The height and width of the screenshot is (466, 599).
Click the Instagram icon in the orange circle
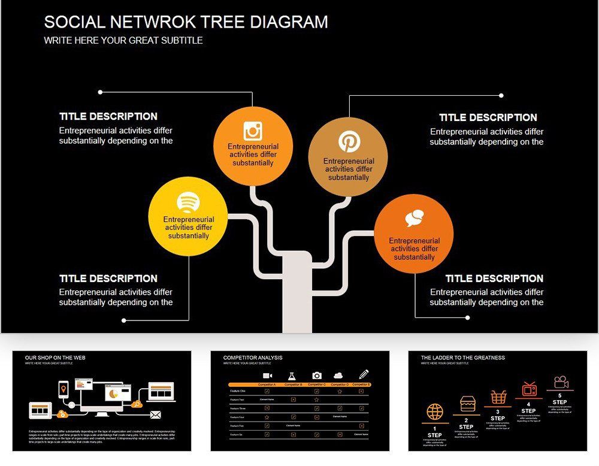click(x=253, y=131)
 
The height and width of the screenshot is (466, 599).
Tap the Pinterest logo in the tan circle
click(x=349, y=142)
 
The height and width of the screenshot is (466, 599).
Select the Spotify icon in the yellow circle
click(x=188, y=201)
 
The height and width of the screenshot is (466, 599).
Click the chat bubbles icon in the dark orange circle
click(x=414, y=219)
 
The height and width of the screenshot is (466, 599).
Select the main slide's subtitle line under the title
click(x=123, y=41)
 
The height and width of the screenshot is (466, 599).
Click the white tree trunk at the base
click(x=297, y=293)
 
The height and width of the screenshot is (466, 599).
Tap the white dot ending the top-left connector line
click(x=100, y=92)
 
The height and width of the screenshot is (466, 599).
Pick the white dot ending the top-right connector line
click(x=501, y=95)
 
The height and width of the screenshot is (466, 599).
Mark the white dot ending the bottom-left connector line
click(x=124, y=320)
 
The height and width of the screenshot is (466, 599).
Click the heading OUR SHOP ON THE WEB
click(x=55, y=358)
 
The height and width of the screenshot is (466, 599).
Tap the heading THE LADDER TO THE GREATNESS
click(x=462, y=358)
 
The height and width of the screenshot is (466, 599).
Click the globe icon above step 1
click(x=435, y=412)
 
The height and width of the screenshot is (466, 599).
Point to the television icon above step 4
click(x=529, y=389)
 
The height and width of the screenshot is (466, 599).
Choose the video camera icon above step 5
click(x=561, y=382)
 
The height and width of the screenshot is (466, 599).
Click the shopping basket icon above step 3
click(x=498, y=397)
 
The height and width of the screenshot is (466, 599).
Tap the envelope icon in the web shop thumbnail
click(x=156, y=415)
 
